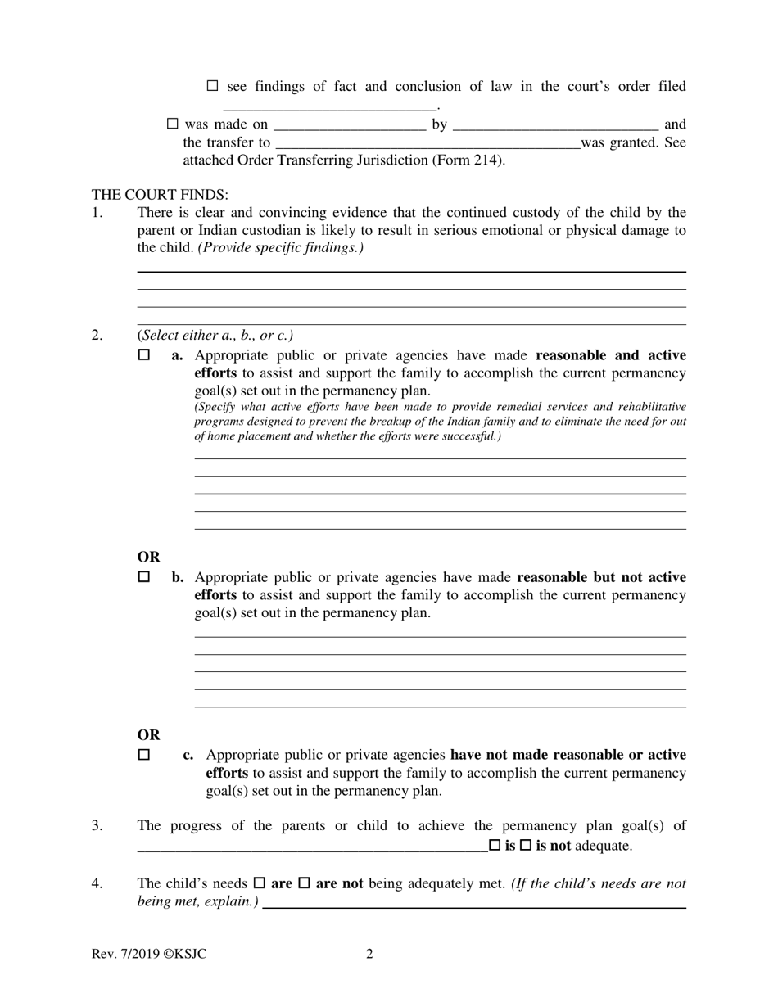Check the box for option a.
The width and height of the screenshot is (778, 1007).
144,355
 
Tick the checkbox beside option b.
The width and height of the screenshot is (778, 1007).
144,577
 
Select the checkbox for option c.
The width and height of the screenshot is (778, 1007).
144,755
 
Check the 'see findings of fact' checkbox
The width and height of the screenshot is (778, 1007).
213,86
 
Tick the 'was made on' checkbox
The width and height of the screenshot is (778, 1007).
172,124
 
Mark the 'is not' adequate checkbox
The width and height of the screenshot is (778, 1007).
526,846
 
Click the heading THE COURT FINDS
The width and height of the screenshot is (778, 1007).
160,195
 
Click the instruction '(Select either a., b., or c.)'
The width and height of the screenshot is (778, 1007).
215,335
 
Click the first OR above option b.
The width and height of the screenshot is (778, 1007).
148,557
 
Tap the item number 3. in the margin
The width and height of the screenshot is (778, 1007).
97,825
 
